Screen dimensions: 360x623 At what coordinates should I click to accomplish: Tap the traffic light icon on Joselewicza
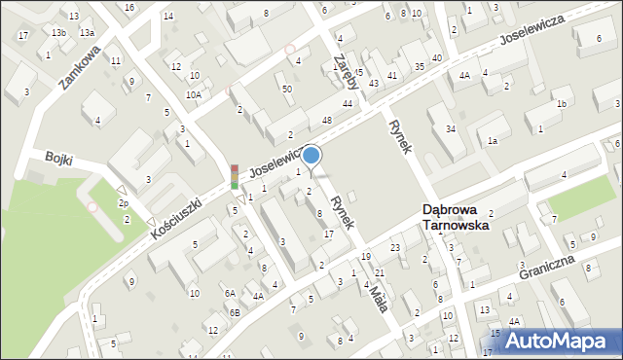coord(234,176)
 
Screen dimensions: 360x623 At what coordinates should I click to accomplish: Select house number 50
coord(286,89)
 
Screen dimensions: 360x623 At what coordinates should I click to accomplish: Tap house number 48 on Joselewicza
coord(327,120)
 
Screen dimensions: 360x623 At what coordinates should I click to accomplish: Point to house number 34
coord(450,129)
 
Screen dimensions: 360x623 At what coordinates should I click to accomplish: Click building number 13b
coord(59,32)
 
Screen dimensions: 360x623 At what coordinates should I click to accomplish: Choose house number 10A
coord(195,94)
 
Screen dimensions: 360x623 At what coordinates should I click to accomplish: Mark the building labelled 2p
coord(124,202)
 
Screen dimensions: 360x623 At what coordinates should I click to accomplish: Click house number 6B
coord(235,311)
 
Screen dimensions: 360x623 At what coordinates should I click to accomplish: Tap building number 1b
coord(561,104)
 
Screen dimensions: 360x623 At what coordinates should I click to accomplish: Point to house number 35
coord(419,66)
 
